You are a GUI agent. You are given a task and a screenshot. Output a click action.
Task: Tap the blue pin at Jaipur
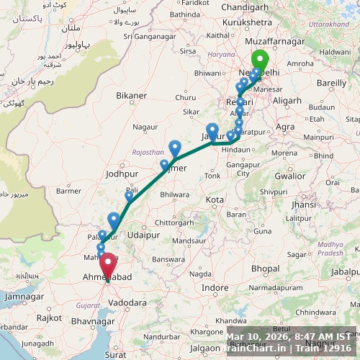tap(212, 132)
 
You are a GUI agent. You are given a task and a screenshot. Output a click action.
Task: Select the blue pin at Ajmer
tap(175, 148)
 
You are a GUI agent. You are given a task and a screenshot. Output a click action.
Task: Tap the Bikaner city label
tap(131, 95)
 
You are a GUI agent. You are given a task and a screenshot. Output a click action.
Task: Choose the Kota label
tap(214, 199)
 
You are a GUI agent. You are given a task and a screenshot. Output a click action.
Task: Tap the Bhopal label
tap(265, 269)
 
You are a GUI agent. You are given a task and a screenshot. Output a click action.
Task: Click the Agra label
tap(286, 127)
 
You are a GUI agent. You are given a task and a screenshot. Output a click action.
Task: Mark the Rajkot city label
tap(50, 318)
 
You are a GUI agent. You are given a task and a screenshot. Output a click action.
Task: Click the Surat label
tap(115, 354)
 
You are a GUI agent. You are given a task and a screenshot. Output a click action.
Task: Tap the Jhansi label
tap(304, 204)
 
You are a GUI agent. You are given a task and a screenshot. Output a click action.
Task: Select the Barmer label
tap(69, 191)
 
